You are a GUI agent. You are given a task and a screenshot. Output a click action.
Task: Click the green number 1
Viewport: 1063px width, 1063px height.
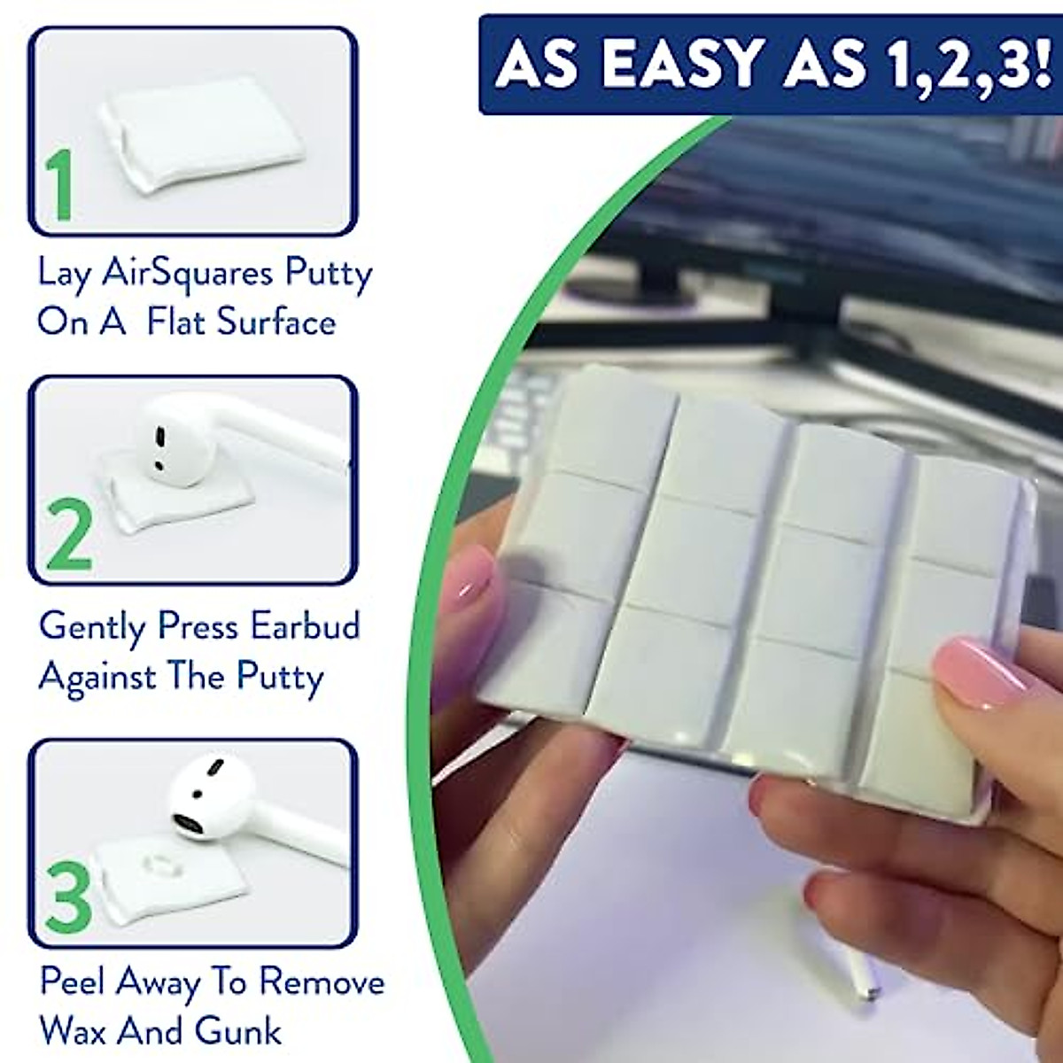pos(59,186)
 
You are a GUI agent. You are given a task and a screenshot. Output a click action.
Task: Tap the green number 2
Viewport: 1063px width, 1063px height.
pos(68,532)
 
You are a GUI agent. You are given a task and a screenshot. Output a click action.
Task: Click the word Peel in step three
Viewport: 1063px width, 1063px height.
pos(73,982)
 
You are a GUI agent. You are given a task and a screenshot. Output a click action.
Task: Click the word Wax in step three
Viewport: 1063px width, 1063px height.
pos(73,1031)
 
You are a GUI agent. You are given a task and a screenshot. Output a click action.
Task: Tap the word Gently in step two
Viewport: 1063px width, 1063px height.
pos(92,627)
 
